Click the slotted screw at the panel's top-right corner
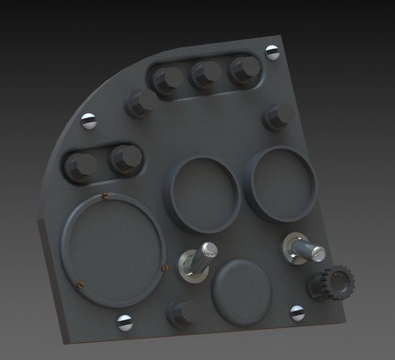(x=273, y=52)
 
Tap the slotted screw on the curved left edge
(x=89, y=121)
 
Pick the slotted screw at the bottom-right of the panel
(x=297, y=312)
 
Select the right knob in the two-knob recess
(x=126, y=159)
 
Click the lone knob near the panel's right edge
(x=279, y=116)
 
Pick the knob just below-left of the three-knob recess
(x=141, y=104)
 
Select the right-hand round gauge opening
(x=282, y=184)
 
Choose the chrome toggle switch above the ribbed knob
(x=304, y=249)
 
